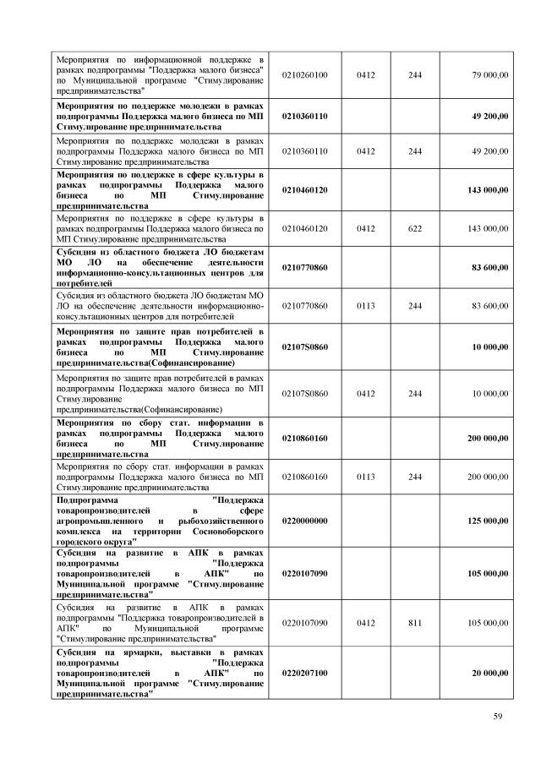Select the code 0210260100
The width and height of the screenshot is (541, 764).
click(304, 75)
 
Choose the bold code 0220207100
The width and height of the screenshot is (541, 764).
click(304, 672)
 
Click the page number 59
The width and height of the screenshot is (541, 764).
click(498, 718)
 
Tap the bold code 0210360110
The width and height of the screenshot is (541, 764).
click(304, 115)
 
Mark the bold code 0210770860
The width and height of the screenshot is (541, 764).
click(304, 268)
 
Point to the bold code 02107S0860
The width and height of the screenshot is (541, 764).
click(304, 347)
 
